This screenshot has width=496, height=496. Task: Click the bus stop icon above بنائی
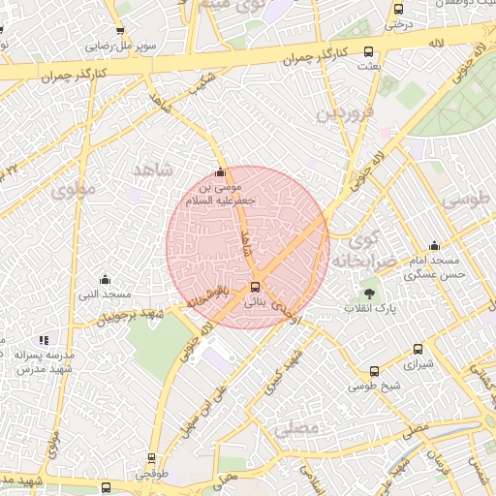pyautogui.click(x=255, y=287)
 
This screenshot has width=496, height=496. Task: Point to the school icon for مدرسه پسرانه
pyautogui.click(x=43, y=340)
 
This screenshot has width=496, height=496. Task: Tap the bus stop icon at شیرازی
pyautogui.click(x=417, y=350)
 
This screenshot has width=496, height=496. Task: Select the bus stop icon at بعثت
pyautogui.click(x=366, y=51)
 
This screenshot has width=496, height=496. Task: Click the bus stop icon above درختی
pyautogui.click(x=398, y=8)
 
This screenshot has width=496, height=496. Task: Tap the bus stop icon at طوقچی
pyautogui.click(x=151, y=458)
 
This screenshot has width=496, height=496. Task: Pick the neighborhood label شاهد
pyautogui.click(x=152, y=170)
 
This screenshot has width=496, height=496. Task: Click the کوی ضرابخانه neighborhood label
pyautogui.click(x=355, y=251)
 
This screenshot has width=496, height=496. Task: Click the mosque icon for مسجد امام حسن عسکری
pyautogui.click(x=433, y=245)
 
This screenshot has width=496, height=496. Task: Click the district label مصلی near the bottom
pyautogui.click(x=296, y=427)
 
